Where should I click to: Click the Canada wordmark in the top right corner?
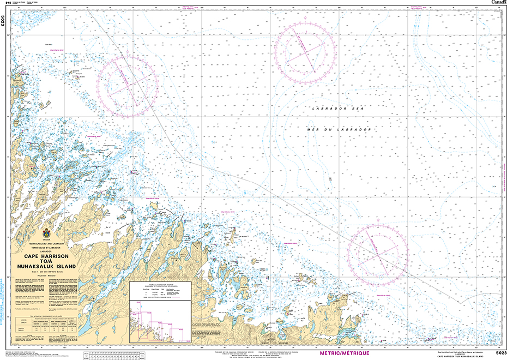[498, 3]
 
